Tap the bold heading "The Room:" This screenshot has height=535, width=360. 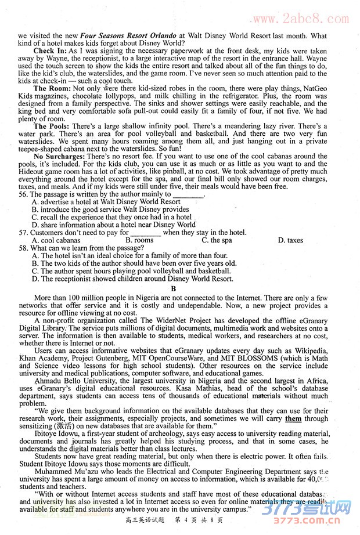click(52, 88)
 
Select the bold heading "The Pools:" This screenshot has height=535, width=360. click(52, 126)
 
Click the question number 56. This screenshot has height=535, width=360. click(24, 194)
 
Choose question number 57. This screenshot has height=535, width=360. click(24, 233)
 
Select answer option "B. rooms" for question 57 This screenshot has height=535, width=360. click(139, 240)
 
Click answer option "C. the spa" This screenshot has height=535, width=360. click(217, 240)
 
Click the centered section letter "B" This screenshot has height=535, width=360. click(172, 288)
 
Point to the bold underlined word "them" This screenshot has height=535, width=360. click(293, 418)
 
